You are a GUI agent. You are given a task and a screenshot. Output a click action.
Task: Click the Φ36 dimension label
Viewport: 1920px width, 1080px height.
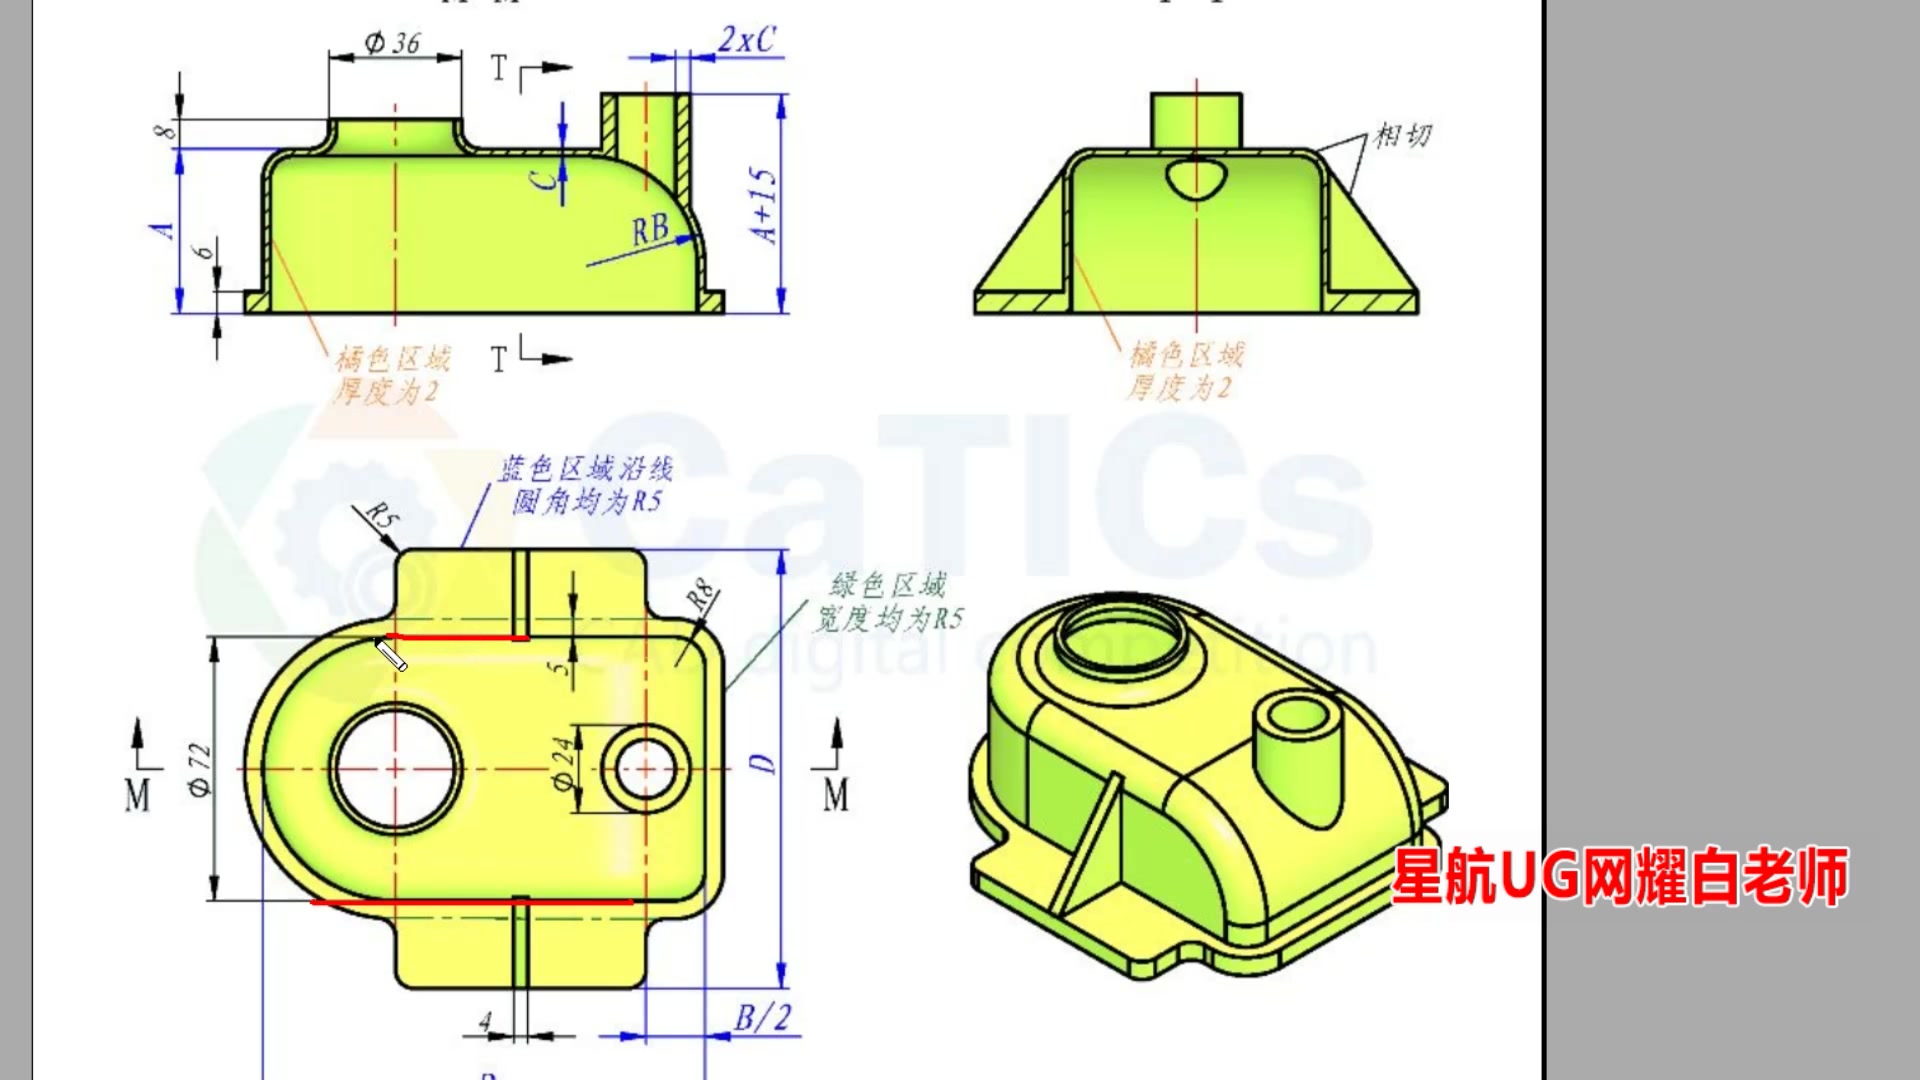(392, 43)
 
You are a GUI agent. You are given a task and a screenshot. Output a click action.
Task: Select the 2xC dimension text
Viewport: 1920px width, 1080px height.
(746, 40)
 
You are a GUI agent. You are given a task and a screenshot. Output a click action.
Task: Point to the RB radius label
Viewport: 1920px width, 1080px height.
(650, 231)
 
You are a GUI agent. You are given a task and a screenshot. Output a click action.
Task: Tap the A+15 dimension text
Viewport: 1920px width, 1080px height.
(764, 205)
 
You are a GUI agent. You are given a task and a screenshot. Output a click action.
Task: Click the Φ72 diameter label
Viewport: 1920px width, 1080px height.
(200, 769)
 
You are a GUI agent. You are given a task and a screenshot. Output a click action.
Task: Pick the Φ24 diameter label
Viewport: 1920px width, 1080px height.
(565, 765)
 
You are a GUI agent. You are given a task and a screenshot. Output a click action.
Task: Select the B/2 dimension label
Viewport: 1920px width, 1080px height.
(762, 1018)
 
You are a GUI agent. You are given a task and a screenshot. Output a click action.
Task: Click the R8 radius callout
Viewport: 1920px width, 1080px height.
(701, 596)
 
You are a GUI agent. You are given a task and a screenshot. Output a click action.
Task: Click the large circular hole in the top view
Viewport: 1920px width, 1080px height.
(396, 769)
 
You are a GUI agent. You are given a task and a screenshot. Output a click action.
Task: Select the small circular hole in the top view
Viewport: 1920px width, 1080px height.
(646, 769)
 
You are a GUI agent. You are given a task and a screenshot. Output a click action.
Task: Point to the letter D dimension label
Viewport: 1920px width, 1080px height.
(763, 764)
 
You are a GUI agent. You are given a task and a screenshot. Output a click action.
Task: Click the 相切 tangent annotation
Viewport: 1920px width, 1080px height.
(1403, 135)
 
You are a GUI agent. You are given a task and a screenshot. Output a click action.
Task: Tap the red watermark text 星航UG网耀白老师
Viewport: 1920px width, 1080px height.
(1619, 877)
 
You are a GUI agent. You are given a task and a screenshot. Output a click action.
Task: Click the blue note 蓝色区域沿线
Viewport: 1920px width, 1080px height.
(586, 468)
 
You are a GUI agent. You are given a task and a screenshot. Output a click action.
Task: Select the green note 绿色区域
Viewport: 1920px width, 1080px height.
(888, 585)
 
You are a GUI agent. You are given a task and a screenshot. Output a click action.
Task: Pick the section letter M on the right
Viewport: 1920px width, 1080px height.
(836, 795)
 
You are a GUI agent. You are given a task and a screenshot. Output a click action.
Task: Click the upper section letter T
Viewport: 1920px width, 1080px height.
(499, 69)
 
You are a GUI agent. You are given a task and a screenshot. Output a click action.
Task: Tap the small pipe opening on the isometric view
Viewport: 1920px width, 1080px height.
(1297, 718)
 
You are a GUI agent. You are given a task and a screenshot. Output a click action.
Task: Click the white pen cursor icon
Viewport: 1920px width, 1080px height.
(390, 656)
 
